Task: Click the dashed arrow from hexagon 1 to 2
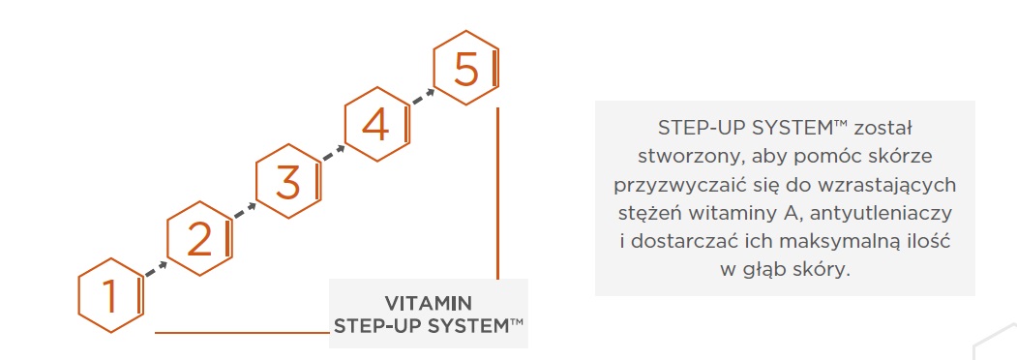[156, 269]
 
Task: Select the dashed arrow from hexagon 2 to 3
[245, 212]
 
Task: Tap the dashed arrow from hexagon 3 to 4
[334, 155]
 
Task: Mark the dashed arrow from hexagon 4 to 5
[422, 97]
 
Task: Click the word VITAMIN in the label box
[428, 303]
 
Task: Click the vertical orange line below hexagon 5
[497, 194]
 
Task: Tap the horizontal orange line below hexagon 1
[242, 333]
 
